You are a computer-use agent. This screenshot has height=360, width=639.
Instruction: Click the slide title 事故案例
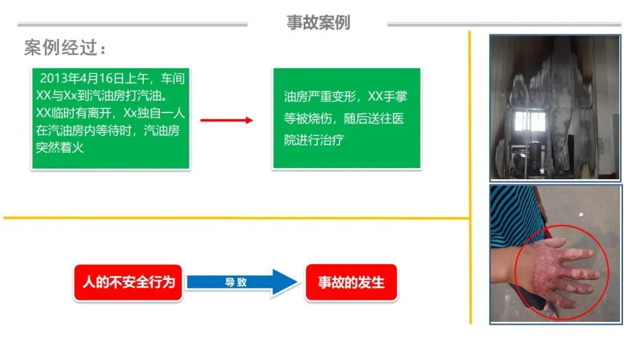pos(318,22)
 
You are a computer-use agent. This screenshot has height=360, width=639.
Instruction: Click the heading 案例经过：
pos(66,48)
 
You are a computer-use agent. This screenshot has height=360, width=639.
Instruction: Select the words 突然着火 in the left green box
pos(60,147)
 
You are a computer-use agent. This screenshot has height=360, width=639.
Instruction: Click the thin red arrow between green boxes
pos(227,120)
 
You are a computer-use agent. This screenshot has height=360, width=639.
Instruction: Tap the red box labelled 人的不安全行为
pos(128,282)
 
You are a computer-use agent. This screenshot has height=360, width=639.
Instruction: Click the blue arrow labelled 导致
pos(237,282)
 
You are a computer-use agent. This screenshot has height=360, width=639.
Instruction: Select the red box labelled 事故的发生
pos(351,282)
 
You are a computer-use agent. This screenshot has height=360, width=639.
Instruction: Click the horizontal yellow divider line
pos(237,218)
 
